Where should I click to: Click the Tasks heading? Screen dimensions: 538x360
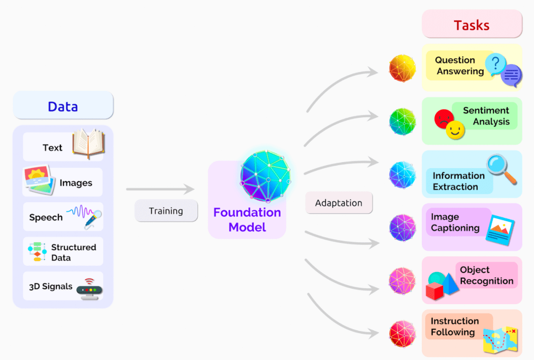pos(471,25)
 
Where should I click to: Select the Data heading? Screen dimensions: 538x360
pos(63,106)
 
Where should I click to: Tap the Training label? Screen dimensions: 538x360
pos(166,211)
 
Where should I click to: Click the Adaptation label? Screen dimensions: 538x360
pos(339,203)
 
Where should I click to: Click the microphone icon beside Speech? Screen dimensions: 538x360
pos(93,219)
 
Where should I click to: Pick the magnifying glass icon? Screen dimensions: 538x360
pos(501,169)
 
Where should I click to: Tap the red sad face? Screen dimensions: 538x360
pos(443,118)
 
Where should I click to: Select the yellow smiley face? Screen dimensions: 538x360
pos(455,130)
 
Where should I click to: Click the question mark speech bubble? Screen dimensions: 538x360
pos(495,64)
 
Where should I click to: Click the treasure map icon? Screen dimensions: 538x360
pos(500,340)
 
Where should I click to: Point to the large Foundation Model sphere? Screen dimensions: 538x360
pos(265,176)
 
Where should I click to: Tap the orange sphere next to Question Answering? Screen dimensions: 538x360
pos(403,68)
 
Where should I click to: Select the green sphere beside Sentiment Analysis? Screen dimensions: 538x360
pos(403,122)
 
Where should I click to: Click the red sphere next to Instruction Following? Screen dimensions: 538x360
pos(403,334)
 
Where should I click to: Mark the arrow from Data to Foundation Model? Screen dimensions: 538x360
pos(160,189)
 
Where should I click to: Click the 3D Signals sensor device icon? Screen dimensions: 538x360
pos(90,289)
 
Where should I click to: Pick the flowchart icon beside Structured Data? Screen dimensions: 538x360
pos(38,252)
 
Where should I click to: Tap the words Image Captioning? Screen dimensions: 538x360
pos(455,223)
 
